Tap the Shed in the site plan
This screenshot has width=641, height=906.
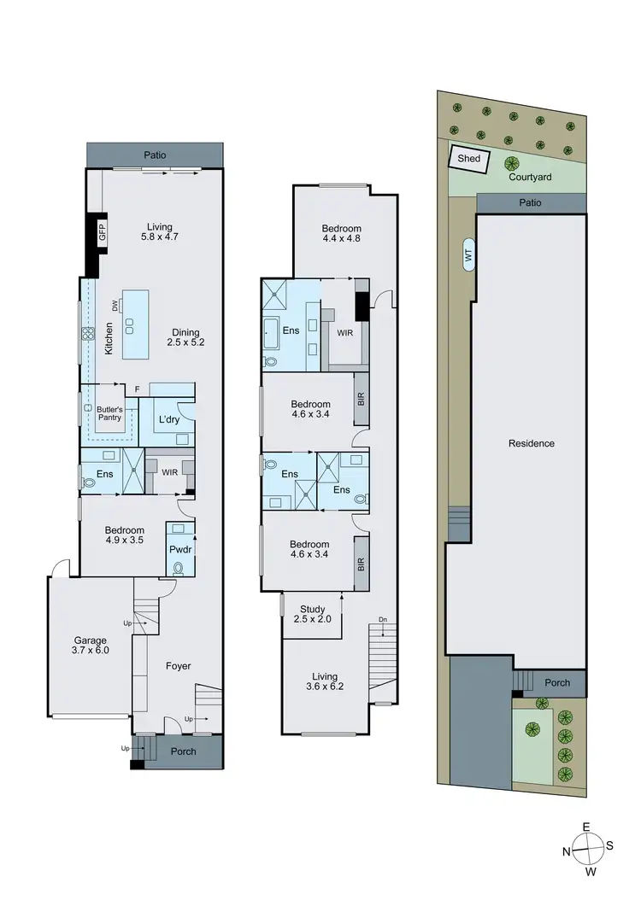[x=469, y=159]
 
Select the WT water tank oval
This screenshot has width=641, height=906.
[x=469, y=254]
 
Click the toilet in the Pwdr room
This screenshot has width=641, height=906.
[x=179, y=567]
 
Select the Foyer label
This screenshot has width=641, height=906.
[x=178, y=666]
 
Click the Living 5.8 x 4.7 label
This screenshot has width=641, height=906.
[x=158, y=233]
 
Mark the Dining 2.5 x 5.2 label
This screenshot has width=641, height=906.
[x=186, y=337]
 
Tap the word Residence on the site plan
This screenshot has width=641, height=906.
[x=531, y=443]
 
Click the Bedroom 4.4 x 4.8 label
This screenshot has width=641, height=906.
[x=341, y=234]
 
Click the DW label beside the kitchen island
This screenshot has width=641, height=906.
[x=113, y=306]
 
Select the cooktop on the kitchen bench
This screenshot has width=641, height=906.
[x=86, y=335]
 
